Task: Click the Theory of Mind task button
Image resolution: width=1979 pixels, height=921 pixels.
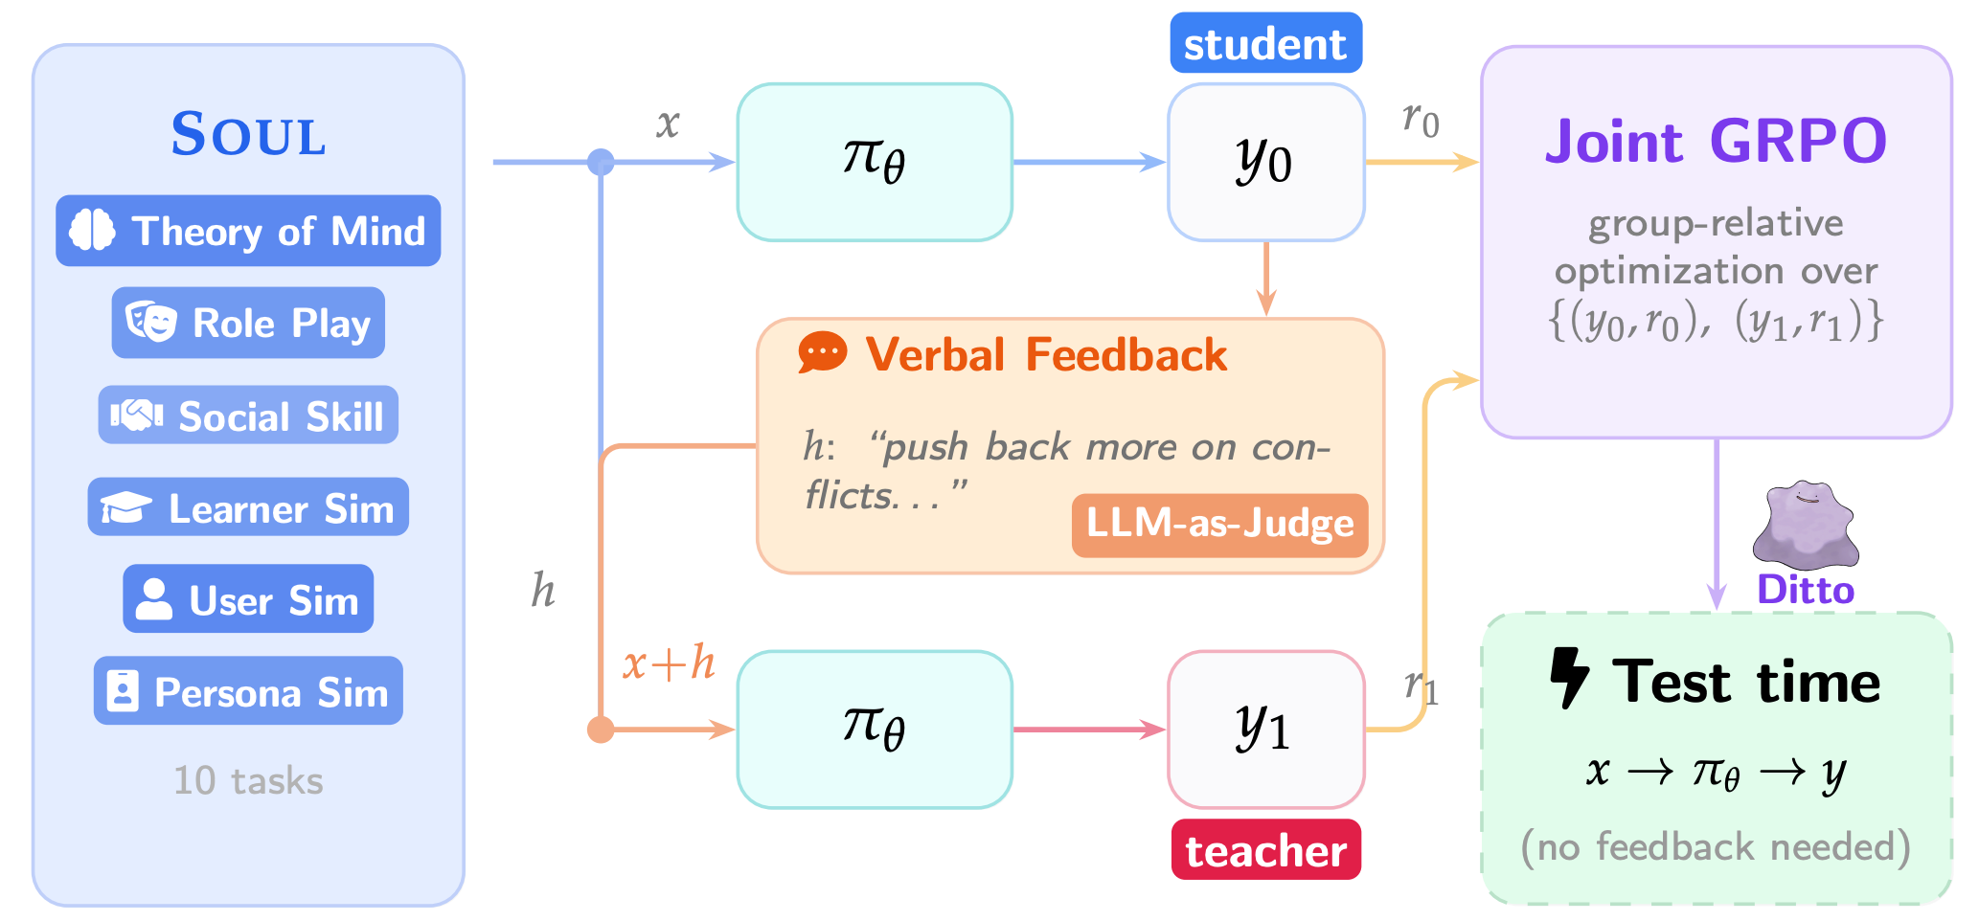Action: (248, 231)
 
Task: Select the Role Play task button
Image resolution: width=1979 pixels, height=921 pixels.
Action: (248, 323)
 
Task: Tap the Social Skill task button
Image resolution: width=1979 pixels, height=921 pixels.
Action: (248, 416)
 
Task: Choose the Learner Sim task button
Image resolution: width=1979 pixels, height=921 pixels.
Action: (248, 507)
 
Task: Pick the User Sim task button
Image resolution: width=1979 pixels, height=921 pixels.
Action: (248, 599)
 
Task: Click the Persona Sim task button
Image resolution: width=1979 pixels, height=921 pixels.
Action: (248, 691)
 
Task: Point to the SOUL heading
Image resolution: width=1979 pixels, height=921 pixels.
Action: (248, 133)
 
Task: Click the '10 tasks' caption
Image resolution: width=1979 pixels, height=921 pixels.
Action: (248, 781)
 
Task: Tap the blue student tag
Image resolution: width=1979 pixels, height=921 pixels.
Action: (1265, 43)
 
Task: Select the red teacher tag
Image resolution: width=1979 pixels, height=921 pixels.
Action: (1265, 850)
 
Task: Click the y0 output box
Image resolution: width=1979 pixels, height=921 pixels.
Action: (1265, 162)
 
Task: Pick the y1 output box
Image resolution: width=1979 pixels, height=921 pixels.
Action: (1265, 730)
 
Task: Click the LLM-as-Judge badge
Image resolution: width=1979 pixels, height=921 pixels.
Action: (1219, 525)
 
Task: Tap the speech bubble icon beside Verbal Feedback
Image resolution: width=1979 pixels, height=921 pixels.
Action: (822, 353)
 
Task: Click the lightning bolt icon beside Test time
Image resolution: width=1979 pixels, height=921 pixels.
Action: (1569, 678)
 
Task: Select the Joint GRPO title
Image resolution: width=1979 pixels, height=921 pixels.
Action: (1716, 141)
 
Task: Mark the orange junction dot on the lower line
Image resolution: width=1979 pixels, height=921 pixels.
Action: (601, 730)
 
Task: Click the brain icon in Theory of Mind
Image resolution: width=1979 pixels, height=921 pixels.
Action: (93, 231)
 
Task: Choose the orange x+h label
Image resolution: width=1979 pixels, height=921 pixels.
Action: (669, 663)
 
